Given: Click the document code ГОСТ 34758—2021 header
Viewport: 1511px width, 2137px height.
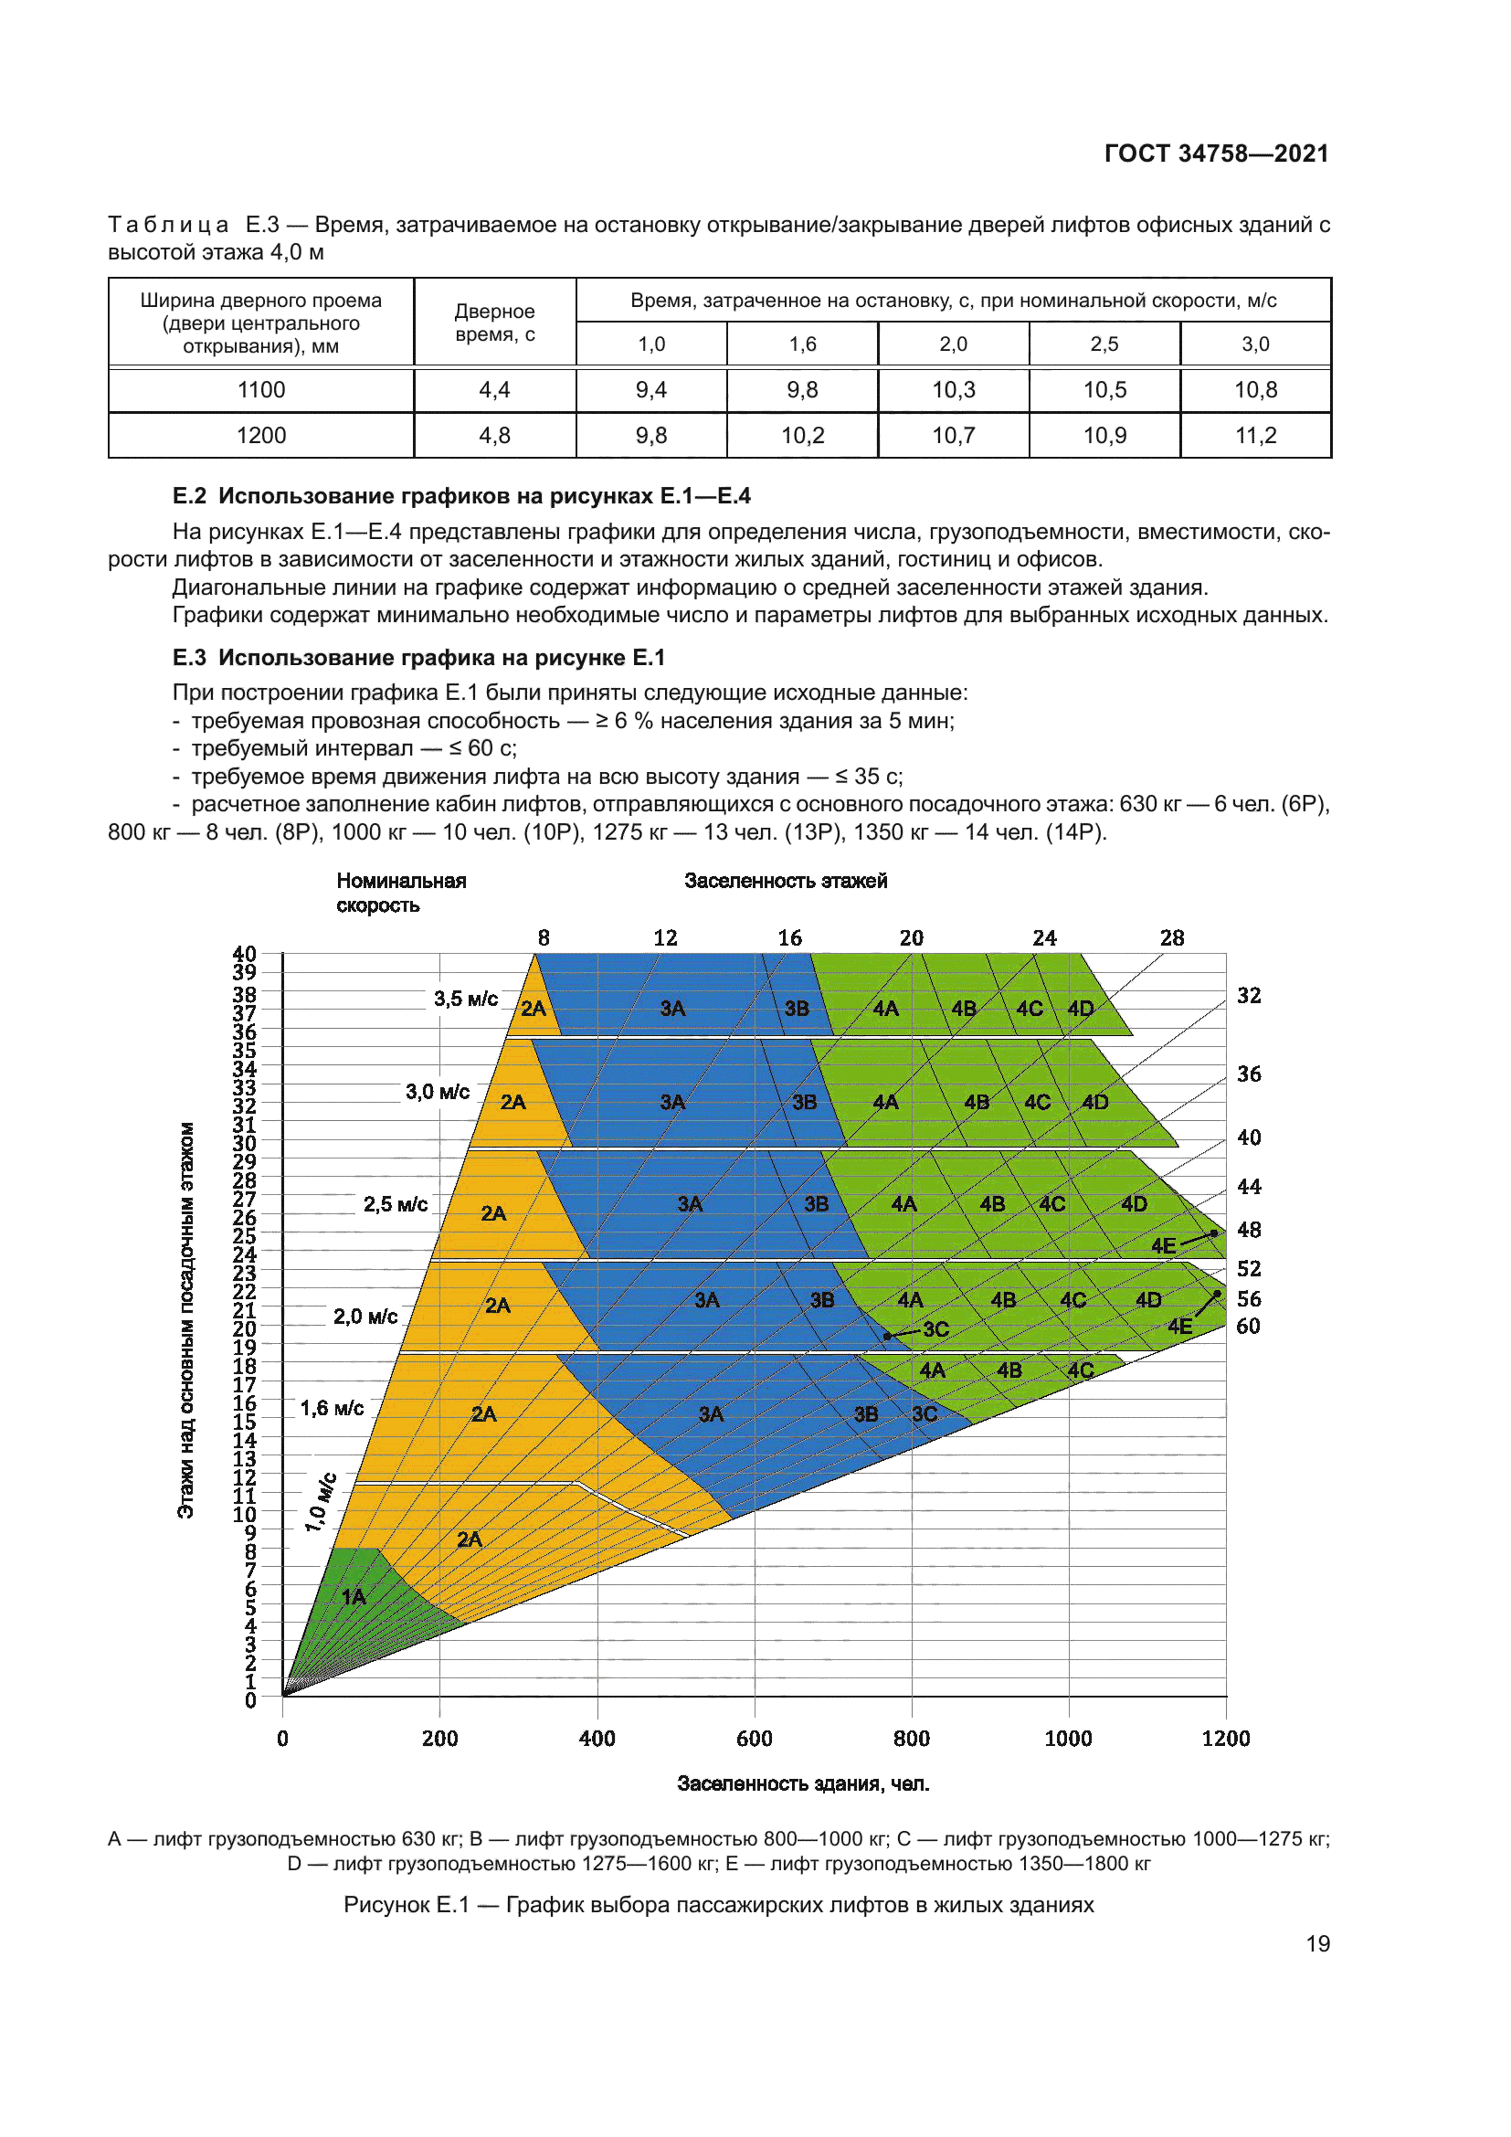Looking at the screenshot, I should tap(1216, 153).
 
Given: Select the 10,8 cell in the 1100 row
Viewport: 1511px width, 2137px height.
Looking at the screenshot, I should tap(1255, 390).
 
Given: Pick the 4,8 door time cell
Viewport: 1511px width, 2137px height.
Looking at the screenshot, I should tap(494, 436).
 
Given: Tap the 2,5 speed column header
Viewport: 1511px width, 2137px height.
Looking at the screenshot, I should tap(1104, 344).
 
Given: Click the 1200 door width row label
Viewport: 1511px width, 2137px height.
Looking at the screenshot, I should tap(261, 436).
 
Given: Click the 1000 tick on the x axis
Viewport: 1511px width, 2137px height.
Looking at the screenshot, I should tap(1068, 1739).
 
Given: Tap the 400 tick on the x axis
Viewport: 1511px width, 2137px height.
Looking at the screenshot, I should tap(597, 1739).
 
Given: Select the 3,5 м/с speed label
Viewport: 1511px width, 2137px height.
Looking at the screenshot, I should tap(465, 999).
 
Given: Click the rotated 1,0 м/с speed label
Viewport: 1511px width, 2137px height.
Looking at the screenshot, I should tap(319, 1502).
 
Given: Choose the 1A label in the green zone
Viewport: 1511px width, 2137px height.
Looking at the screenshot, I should tap(354, 1597).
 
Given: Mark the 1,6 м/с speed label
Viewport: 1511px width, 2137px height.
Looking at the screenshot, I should tap(332, 1408).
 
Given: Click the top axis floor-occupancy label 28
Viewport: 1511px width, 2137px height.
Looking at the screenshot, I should tap(1171, 938).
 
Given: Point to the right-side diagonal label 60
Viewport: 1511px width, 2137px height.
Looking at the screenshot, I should tap(1248, 1327).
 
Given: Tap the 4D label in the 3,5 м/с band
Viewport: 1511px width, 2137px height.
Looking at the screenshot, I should tap(1080, 1009).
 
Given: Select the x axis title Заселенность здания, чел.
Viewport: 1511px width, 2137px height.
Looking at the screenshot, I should tap(803, 1783).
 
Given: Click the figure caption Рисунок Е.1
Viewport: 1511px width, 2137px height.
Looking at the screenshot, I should tap(718, 1904).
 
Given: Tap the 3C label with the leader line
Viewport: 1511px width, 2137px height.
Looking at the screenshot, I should tap(936, 1329).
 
